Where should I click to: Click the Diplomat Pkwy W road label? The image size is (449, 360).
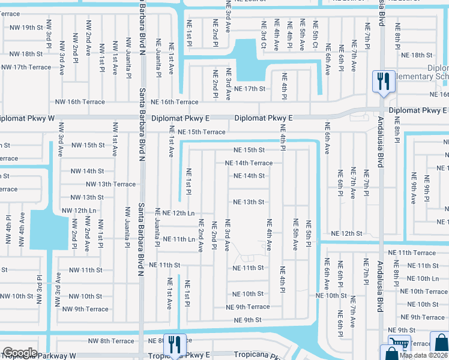tap(27, 119)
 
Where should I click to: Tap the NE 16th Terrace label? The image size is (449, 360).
tap(174, 103)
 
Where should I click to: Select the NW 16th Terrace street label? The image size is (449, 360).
tap(80, 102)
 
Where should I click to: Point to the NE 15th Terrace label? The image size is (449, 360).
tap(201, 132)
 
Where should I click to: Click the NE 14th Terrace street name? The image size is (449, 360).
tap(249, 163)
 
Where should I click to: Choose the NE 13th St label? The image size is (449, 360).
tap(249, 202)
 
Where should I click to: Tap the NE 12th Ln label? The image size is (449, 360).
tap(175, 213)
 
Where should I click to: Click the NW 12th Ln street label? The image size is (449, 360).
tap(79, 211)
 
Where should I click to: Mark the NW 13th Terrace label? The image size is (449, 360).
tap(110, 184)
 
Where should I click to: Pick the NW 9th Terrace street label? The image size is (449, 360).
tap(85, 309)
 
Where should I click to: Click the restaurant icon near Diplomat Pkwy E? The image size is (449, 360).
tap(383, 81)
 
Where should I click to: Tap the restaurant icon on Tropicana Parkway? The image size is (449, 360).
tap(174, 344)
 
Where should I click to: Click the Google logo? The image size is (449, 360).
tap(20, 353)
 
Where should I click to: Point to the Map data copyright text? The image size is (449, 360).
tap(424, 355)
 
